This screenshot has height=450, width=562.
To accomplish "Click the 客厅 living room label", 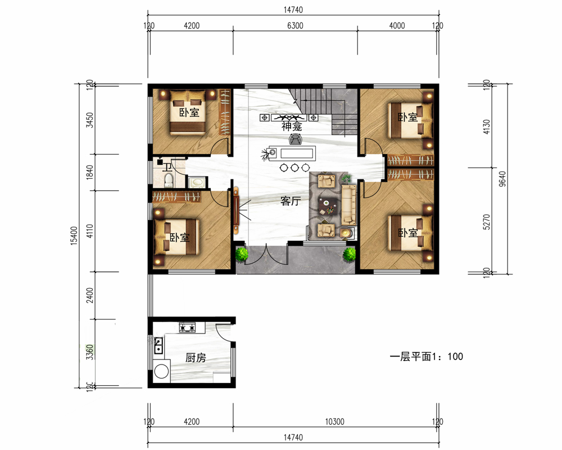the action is [x=291, y=201].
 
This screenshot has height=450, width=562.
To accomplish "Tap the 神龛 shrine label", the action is [x=292, y=127].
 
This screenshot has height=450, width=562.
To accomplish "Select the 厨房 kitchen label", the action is [x=196, y=357].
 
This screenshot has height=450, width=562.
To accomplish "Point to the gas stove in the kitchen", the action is [x=188, y=327].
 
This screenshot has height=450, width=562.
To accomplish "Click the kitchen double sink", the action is [x=158, y=345].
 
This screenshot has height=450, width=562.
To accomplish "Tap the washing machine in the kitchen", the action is [x=162, y=371].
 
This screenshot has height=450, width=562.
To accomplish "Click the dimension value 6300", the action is [x=295, y=25].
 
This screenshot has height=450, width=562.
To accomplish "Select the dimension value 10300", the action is [x=334, y=421].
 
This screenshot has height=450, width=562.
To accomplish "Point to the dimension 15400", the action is [x=74, y=236].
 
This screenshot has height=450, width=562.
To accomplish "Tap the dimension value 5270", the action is [x=486, y=222].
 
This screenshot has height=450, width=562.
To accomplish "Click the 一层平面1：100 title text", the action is [x=426, y=356].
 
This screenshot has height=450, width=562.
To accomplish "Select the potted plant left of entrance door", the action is [x=242, y=254].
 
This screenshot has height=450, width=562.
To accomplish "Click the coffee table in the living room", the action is [x=328, y=206].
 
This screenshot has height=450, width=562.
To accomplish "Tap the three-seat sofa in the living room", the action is [x=348, y=205].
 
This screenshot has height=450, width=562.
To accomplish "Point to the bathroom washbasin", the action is [x=197, y=182].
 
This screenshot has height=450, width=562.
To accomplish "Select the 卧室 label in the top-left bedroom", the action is [x=189, y=112].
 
